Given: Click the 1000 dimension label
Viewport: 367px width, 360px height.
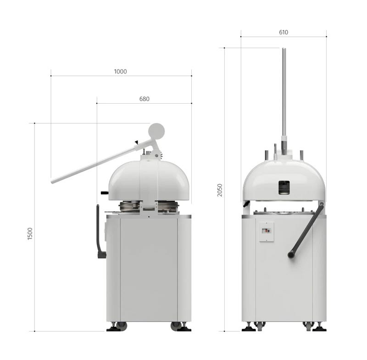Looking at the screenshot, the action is pyautogui.click(x=120, y=72).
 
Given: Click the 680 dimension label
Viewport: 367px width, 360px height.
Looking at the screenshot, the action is pyautogui.click(x=144, y=99).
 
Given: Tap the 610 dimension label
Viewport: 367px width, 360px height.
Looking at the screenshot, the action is pyautogui.click(x=284, y=32).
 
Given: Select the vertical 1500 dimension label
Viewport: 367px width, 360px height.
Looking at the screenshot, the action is pyautogui.click(x=30, y=233).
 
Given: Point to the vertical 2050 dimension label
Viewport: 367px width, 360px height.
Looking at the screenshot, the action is pyautogui.click(x=220, y=190).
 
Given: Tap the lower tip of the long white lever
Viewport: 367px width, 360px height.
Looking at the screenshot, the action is pyautogui.click(x=52, y=182).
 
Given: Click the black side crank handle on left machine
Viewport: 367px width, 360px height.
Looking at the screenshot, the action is pyautogui.click(x=100, y=232).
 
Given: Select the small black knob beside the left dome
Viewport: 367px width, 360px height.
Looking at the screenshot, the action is pyautogui.click(x=105, y=193).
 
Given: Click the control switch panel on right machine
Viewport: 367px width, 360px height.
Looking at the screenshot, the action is pyautogui.click(x=267, y=232).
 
